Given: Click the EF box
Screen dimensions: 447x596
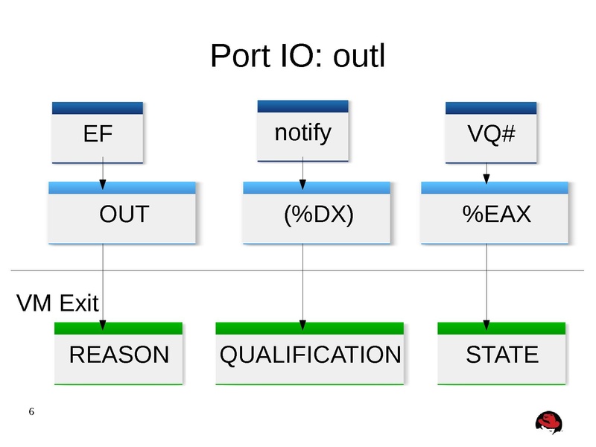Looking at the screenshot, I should pyautogui.click(x=97, y=134).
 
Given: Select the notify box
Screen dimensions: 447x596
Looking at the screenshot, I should pyautogui.click(x=302, y=133).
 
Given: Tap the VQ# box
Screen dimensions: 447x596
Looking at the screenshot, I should pyautogui.click(x=491, y=135).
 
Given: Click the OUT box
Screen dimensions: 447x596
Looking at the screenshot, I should pyautogui.click(x=123, y=215).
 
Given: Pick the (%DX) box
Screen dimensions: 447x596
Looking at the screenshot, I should pyautogui.click(x=317, y=215).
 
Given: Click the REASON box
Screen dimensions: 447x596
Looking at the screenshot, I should pyautogui.click(x=119, y=355).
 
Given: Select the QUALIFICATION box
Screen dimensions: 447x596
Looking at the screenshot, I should pyautogui.click(x=310, y=355).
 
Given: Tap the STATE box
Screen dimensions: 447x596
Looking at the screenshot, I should pyautogui.click(x=501, y=355).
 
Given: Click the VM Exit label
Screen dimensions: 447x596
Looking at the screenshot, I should pyautogui.click(x=57, y=303).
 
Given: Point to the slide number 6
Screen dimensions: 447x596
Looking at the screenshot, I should pyautogui.click(x=31, y=412).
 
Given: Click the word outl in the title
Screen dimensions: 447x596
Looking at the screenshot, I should pyautogui.click(x=358, y=56).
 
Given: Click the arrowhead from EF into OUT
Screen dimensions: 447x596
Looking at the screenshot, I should pyautogui.click(x=103, y=184).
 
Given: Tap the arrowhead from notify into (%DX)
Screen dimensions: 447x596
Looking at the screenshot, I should pyautogui.click(x=302, y=184).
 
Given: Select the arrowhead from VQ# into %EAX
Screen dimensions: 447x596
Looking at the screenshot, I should pyautogui.click(x=486, y=179).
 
